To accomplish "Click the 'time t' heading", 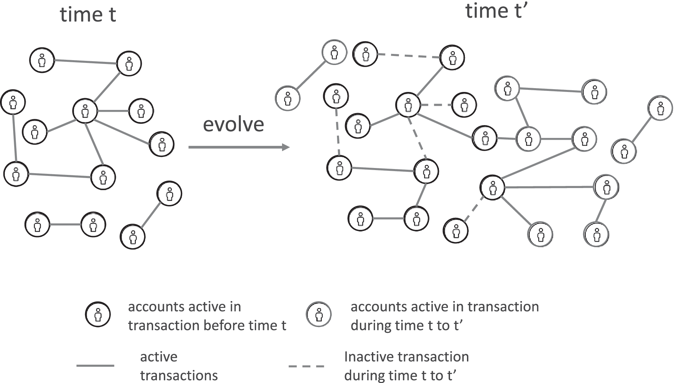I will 88,15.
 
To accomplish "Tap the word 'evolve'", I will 233,124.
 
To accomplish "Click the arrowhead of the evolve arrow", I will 286,147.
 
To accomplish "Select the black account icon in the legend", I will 98,315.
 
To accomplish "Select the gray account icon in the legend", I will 319,315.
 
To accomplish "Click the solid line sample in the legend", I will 95,365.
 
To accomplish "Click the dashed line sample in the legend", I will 306,366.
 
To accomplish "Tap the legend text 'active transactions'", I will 179,366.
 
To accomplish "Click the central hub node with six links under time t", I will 85,111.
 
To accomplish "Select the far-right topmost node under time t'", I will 660,108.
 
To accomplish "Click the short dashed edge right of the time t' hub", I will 436,105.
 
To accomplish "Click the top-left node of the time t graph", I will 42,60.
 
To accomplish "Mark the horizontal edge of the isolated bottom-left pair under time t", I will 65,225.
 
